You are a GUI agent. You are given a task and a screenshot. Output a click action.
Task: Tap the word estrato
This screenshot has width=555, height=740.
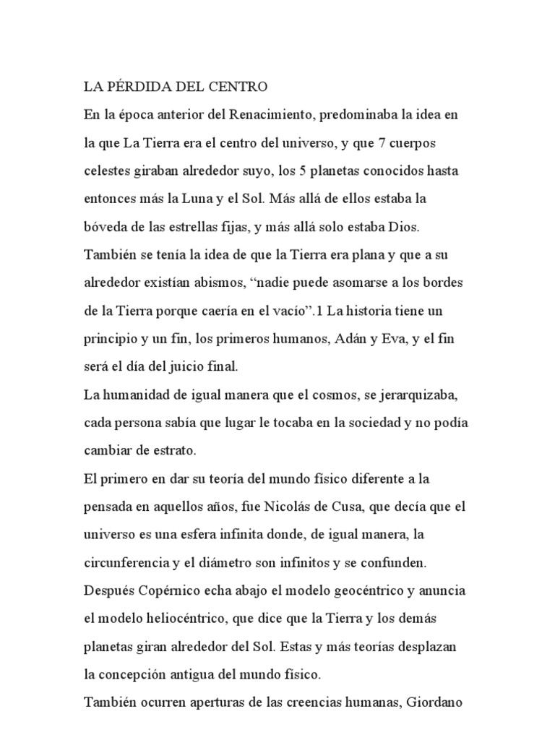[170, 450]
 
